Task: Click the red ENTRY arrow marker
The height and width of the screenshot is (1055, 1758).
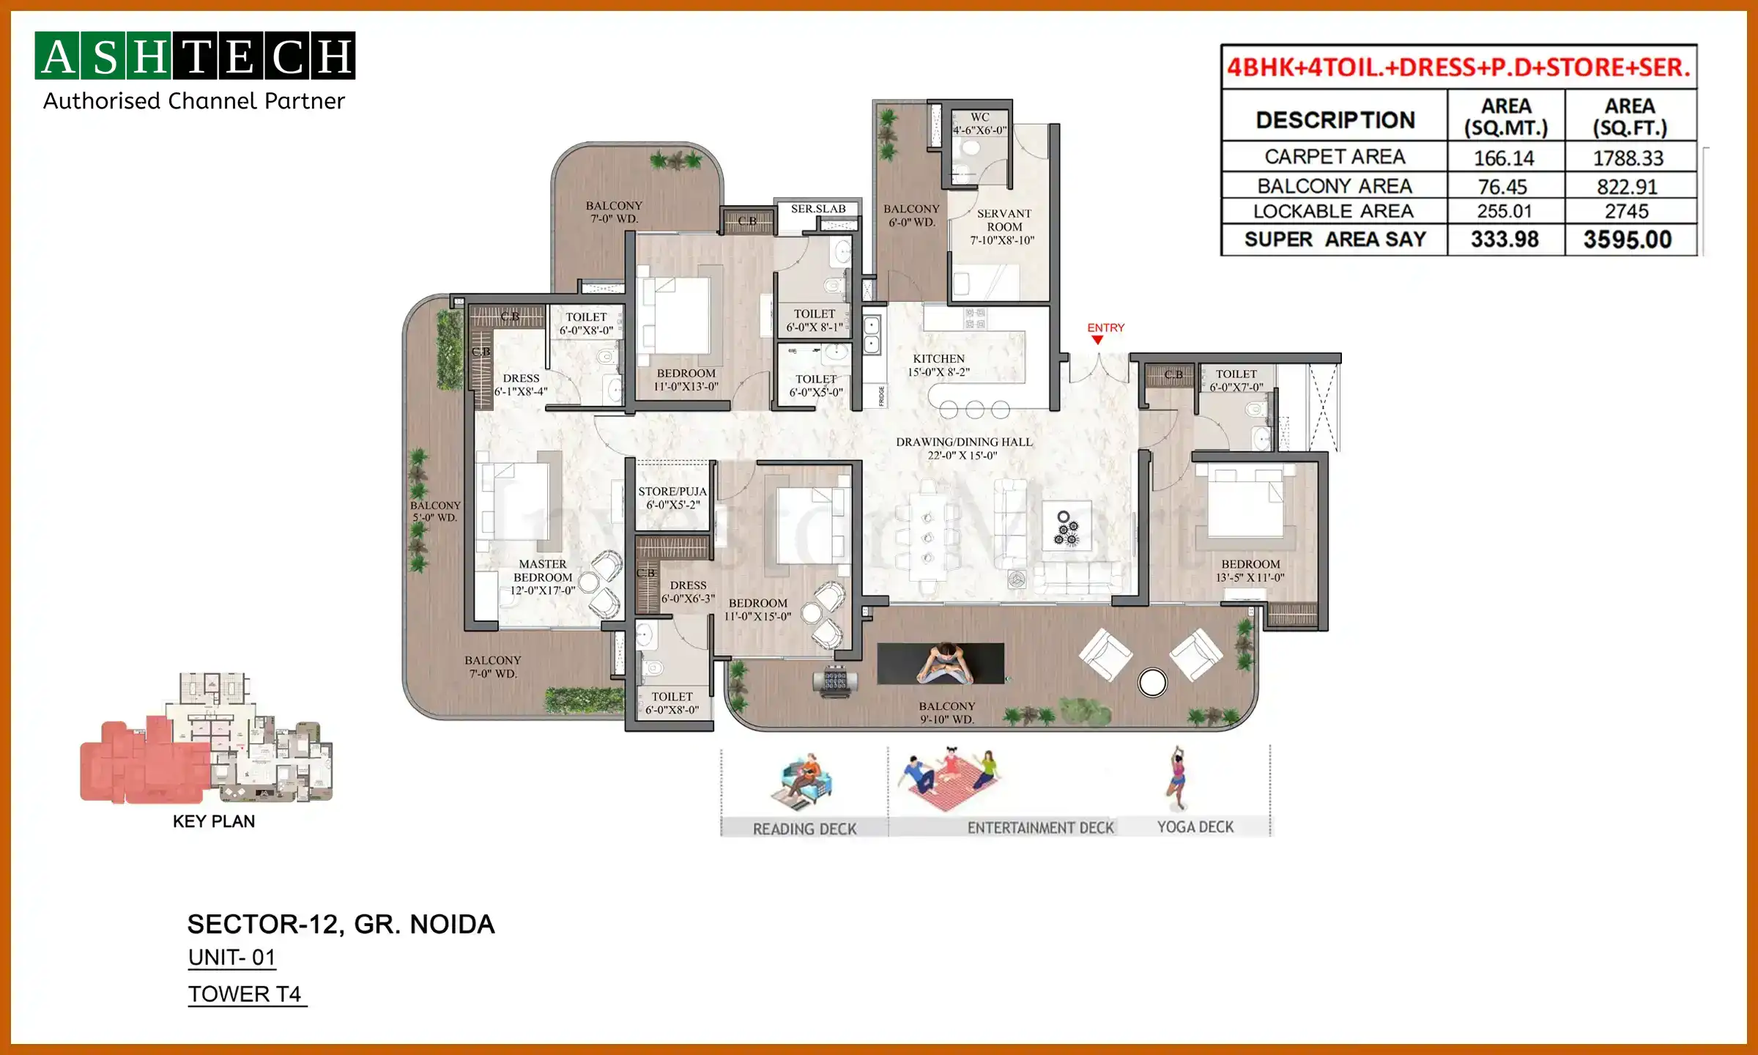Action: pyautogui.click(x=1097, y=340)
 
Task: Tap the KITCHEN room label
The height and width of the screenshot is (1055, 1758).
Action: pyautogui.click(x=938, y=359)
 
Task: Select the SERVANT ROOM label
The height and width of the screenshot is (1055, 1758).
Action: pyautogui.click(x=1004, y=220)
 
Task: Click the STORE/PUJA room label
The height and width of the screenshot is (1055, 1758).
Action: pyautogui.click(x=672, y=492)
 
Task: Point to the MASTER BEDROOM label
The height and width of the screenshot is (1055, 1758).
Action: pyautogui.click(x=542, y=571)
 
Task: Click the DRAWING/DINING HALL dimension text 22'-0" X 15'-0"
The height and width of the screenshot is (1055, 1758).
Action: pyautogui.click(x=963, y=456)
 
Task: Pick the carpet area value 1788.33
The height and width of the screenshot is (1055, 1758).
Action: pyautogui.click(x=1628, y=158)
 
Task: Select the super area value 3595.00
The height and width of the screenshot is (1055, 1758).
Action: pyautogui.click(x=1628, y=240)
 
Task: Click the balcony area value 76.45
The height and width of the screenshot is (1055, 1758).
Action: pyautogui.click(x=1503, y=187)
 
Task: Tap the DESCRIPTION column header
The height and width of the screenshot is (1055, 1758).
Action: pyautogui.click(x=1335, y=120)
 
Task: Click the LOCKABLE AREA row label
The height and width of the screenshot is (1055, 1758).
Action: pyautogui.click(x=1333, y=212)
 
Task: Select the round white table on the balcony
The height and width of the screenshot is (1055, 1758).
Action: pyautogui.click(x=1152, y=683)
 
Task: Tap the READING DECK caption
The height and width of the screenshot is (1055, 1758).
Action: pyautogui.click(x=804, y=829)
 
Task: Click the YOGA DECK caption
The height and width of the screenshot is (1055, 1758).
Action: pyautogui.click(x=1195, y=827)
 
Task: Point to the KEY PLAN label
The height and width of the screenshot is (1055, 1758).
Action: pyautogui.click(x=214, y=821)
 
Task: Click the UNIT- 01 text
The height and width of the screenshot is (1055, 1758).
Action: pyautogui.click(x=231, y=958)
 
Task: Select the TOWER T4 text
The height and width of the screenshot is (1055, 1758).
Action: pyautogui.click(x=245, y=994)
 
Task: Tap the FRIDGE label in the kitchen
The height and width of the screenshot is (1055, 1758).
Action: pyautogui.click(x=881, y=396)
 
